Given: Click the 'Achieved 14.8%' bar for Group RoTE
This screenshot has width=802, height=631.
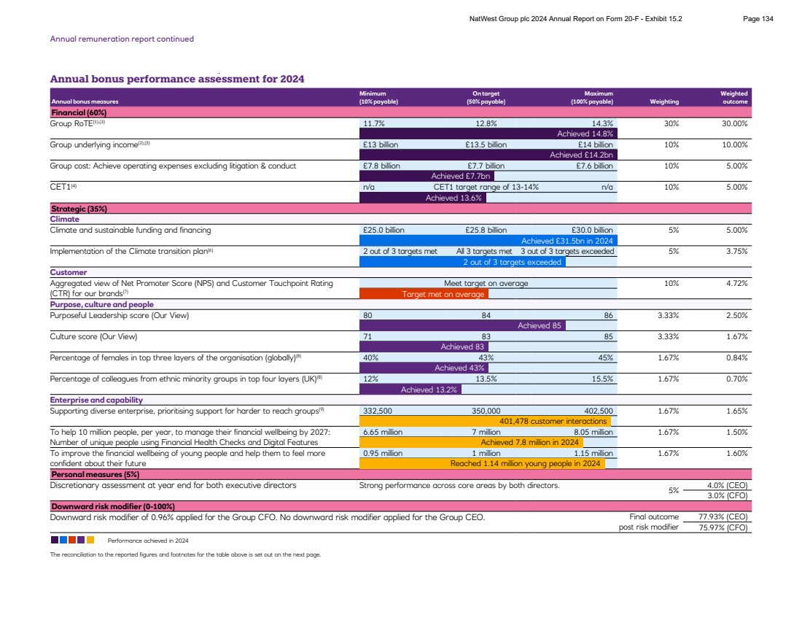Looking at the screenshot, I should tap(489, 133).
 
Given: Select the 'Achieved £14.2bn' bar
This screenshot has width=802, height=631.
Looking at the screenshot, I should tap(489, 155).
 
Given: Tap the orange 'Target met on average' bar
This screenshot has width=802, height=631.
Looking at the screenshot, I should tap(424, 294).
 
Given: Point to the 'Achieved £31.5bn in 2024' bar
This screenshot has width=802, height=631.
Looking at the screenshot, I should tap(488, 241).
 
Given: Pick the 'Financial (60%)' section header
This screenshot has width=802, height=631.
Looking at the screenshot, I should tap(79, 113).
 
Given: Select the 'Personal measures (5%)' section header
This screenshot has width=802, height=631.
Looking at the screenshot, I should tap(95, 474).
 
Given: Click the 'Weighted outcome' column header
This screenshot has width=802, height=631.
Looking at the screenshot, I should tap(733, 98).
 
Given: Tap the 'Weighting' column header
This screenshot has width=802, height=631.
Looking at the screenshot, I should tap(664, 101).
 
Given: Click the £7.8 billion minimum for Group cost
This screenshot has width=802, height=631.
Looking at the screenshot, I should tap(381, 166).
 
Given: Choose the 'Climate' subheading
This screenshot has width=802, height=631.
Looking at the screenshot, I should tap(65, 219).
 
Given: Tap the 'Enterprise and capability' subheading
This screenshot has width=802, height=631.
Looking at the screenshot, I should tap(96, 400).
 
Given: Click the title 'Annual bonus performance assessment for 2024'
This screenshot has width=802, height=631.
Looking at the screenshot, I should tap(177, 79).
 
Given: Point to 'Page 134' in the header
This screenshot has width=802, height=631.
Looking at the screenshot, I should tap(758, 19).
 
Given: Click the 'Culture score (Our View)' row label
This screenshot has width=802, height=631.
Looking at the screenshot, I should tap(93, 336).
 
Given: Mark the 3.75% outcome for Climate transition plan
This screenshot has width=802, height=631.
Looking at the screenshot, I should tap(736, 251).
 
